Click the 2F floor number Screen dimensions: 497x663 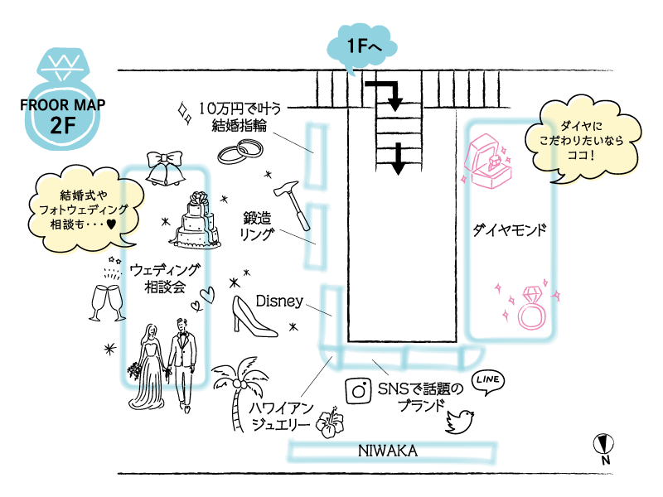62,123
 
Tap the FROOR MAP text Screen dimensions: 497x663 62,105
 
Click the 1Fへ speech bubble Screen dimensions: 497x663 362,46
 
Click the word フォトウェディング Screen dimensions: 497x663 84,210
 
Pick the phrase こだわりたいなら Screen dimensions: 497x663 581,141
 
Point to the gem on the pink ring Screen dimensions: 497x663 531,293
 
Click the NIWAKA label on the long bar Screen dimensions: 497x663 387,450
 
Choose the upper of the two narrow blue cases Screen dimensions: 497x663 318,155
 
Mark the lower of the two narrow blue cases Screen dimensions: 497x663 317,236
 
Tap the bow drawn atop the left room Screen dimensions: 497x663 165,166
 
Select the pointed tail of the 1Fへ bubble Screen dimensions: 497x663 351,71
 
